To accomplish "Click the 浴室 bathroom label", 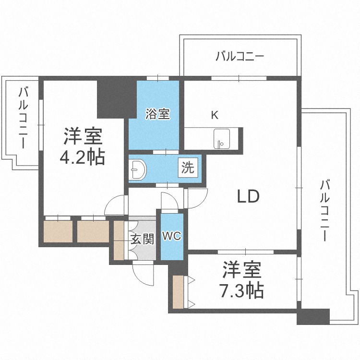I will [x=157, y=114].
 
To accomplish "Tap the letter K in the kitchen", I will [x=215, y=115].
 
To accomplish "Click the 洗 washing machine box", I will [x=188, y=168].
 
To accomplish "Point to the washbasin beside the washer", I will [x=138, y=169].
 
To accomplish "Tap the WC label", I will [x=171, y=236].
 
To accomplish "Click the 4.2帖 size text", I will [x=83, y=157].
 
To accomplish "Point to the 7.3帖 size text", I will [x=242, y=290].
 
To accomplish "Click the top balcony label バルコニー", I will [x=239, y=57].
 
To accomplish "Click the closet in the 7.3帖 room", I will [x=178, y=292].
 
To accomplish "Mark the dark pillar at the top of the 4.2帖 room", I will [x=113, y=98].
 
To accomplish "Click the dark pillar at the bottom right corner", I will [x=313, y=316].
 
